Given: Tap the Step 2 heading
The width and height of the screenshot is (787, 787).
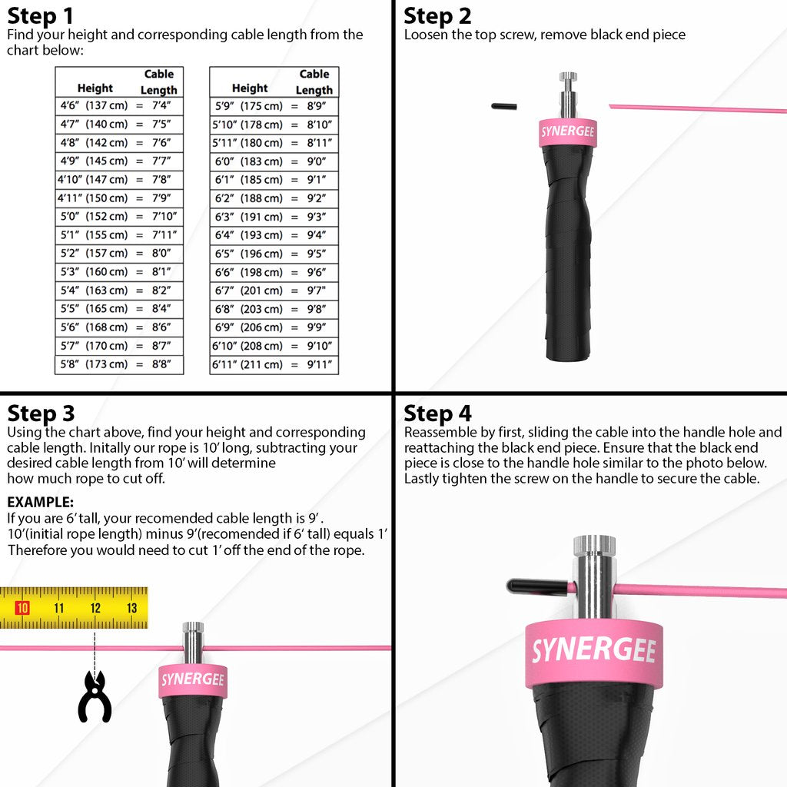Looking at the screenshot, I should (x=437, y=15).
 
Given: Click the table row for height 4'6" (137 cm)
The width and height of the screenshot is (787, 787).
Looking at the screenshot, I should (x=119, y=105).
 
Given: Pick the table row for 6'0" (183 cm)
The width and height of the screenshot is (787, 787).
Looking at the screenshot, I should (x=274, y=161).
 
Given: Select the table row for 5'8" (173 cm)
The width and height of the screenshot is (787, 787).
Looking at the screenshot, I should (x=119, y=364).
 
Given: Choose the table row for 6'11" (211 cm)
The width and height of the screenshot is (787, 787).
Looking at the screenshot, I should (x=274, y=364).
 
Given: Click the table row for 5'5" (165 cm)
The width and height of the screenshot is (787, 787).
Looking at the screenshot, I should (x=119, y=308).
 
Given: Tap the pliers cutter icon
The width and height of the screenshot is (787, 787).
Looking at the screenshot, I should (x=95, y=696).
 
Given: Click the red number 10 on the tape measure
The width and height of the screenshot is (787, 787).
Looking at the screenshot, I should (x=22, y=608).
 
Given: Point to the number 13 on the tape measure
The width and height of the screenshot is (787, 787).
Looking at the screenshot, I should (x=131, y=608).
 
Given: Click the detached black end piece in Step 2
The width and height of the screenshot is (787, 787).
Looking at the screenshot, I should (x=503, y=105).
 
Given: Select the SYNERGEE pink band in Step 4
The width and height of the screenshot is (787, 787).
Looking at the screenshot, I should (x=593, y=650).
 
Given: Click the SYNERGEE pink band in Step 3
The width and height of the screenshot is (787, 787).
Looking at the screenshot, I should (x=192, y=679).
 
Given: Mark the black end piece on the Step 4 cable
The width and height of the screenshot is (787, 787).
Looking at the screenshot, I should (x=538, y=586).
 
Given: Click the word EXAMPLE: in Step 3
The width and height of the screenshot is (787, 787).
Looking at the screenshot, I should (x=40, y=502).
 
